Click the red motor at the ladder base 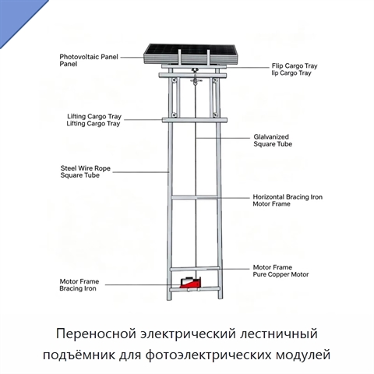tap(190, 282)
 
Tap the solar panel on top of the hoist tap(191, 54)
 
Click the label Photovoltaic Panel tap(89, 57)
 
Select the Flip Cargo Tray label tap(295, 66)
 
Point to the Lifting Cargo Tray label tap(94, 116)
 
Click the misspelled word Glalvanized tap(271, 137)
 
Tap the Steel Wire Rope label tap(86, 168)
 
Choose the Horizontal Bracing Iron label tap(288, 197)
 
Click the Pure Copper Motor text tap(280, 274)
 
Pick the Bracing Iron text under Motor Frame tap(78, 288)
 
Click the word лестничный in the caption tap(279, 333)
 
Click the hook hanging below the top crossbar tap(195, 78)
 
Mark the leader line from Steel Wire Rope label tap(141, 172)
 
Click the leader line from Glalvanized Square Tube tap(223, 138)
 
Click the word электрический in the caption tap(188, 333)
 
